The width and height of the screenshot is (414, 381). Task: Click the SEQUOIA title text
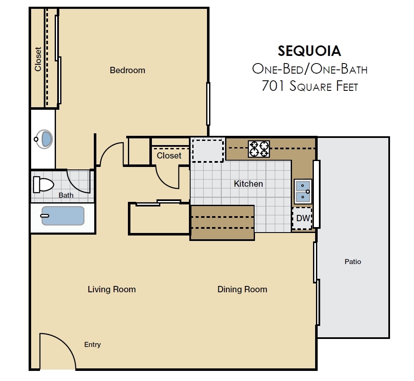click(309, 51)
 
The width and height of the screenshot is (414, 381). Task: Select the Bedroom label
click(127, 70)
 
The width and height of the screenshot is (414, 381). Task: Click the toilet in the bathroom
click(44, 184)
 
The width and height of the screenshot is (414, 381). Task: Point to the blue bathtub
click(63, 215)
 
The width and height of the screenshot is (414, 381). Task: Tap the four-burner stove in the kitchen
click(259, 149)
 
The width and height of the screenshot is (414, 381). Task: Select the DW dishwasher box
click(303, 218)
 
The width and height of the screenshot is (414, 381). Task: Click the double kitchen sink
click(303, 191)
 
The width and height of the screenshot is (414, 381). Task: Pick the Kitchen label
click(248, 184)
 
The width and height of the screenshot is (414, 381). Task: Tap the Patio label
click(353, 262)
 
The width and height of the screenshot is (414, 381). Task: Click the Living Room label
click(111, 289)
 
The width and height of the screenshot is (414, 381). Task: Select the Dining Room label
click(242, 289)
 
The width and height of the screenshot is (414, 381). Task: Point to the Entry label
click(92, 345)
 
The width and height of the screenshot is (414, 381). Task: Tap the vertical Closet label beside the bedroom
click(38, 59)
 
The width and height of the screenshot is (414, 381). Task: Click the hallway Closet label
click(169, 156)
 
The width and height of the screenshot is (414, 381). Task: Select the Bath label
click(66, 195)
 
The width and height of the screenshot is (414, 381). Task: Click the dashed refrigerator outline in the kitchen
click(207, 150)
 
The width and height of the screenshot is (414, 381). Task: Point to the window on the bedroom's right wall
click(208, 103)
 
